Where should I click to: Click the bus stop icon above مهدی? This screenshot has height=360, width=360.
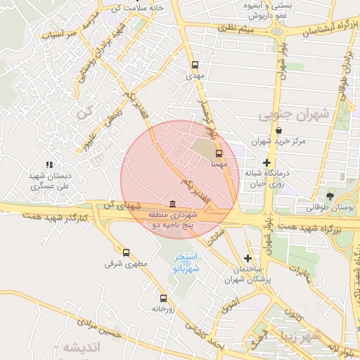[x=195, y=64]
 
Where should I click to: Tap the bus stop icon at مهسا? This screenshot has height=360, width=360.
[x=219, y=153]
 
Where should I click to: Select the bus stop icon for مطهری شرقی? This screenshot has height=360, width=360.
[x=126, y=252]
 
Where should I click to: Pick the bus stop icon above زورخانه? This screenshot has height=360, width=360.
[x=164, y=298]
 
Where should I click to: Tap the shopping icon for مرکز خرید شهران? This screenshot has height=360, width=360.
[x=279, y=130]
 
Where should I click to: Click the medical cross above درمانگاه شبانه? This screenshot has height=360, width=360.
[x=266, y=162]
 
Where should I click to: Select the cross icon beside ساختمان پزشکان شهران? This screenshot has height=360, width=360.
[x=247, y=258]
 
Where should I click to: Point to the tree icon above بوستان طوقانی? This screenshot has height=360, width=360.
[x=330, y=195]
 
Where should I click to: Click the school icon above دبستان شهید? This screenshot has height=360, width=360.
[x=49, y=165]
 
